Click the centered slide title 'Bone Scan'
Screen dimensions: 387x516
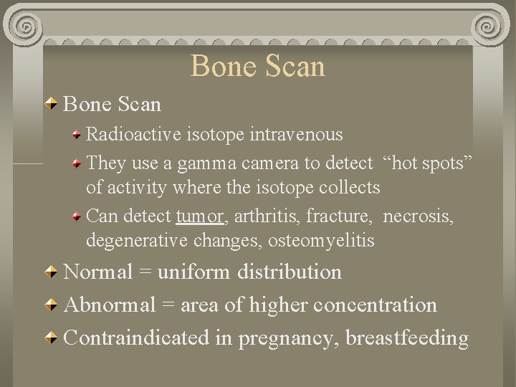pyautogui.click(x=258, y=66)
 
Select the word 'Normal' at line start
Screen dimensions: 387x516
pyautogui.click(x=99, y=272)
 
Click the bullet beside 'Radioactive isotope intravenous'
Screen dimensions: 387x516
pyautogui.click(x=77, y=134)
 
